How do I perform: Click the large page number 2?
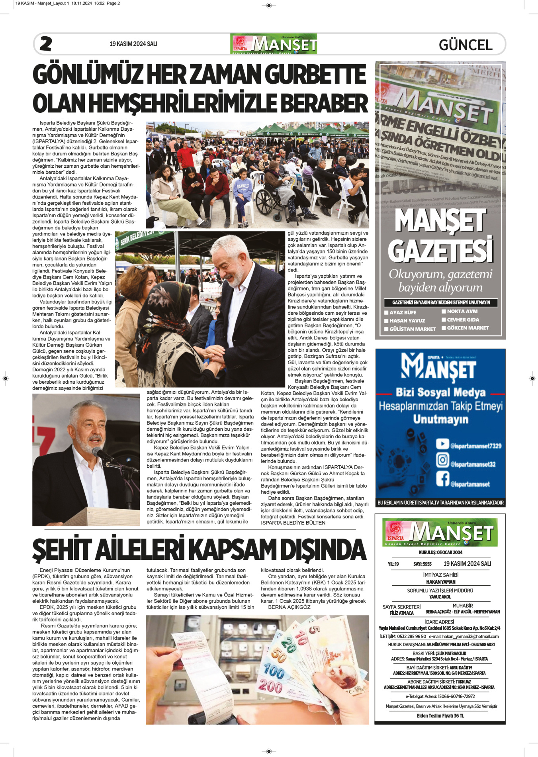(46, 44)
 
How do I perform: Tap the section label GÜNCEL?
(466, 45)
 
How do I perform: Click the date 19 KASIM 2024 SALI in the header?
(133, 44)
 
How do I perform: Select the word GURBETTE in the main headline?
(315, 75)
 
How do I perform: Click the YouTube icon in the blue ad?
(442, 443)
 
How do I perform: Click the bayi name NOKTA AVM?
(462, 311)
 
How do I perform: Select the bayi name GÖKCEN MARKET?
(468, 328)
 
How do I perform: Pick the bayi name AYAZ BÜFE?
(403, 312)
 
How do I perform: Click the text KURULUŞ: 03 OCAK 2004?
(440, 552)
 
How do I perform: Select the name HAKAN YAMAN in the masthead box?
(440, 582)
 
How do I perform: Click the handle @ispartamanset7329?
(475, 446)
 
